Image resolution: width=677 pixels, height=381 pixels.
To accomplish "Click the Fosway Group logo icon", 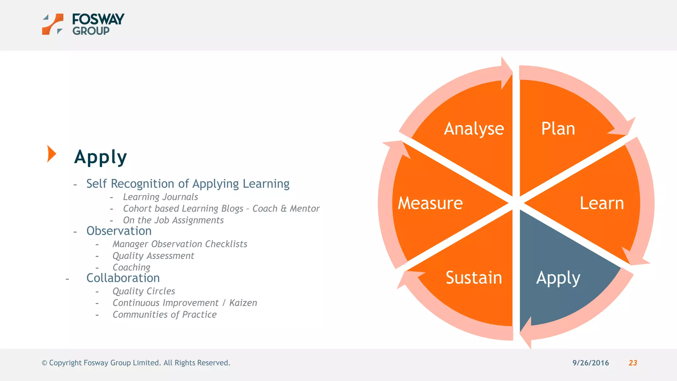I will pyautogui.click(x=53, y=24).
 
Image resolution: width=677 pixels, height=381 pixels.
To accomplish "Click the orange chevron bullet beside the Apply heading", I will pyautogui.click(x=51, y=154).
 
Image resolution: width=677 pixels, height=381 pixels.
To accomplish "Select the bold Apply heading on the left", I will pyautogui.click(x=100, y=157).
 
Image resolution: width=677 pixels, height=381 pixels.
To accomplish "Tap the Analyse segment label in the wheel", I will pyautogui.click(x=474, y=129).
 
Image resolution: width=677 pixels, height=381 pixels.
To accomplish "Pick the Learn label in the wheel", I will pyautogui.click(x=602, y=203).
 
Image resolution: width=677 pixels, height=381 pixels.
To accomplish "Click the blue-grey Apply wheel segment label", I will pyautogui.click(x=558, y=278).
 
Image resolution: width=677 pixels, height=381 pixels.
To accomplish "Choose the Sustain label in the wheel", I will pyautogui.click(x=474, y=277).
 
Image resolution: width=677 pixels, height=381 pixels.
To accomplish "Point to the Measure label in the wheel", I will pyautogui.click(x=430, y=203).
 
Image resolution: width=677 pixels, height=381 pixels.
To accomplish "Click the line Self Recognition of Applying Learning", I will pyautogui.click(x=188, y=184).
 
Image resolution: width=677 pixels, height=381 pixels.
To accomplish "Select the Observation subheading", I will pyautogui.click(x=119, y=231).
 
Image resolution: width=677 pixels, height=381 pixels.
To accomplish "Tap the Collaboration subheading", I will pyautogui.click(x=123, y=278).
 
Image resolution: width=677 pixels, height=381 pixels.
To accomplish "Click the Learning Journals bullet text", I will pyautogui.click(x=160, y=197).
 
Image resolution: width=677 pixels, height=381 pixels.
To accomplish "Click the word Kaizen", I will pyautogui.click(x=243, y=303).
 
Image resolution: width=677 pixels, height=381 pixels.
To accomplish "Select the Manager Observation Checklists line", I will pyautogui.click(x=180, y=244).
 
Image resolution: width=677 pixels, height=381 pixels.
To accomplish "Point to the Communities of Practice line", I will pyautogui.click(x=165, y=315).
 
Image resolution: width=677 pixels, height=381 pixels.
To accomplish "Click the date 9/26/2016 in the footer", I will pyautogui.click(x=590, y=363).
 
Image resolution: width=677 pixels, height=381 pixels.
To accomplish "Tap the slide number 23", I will pyautogui.click(x=633, y=363).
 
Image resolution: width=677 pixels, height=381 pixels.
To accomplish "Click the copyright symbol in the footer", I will pyautogui.click(x=44, y=363).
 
